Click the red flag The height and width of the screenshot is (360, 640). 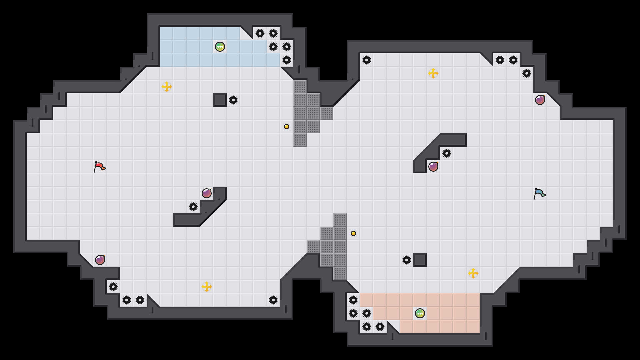click(x=99, y=166)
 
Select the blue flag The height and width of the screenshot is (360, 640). click(x=539, y=193)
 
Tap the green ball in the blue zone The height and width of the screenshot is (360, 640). click(x=220, y=47)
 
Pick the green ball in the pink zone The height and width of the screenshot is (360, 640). click(x=420, y=313)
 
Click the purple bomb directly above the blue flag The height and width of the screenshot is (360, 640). click(x=540, y=100)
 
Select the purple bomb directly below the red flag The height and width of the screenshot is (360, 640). click(x=100, y=260)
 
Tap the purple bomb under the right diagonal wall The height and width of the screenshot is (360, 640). click(x=433, y=167)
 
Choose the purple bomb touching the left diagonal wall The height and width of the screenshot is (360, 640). click(x=207, y=193)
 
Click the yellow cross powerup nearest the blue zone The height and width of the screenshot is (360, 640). click(x=167, y=87)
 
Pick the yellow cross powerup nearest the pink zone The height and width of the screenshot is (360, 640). click(x=473, y=273)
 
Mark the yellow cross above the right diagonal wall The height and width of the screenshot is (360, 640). click(x=433, y=73)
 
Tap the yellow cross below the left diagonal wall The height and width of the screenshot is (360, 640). click(x=207, y=287)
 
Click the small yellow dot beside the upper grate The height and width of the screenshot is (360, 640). click(x=287, y=127)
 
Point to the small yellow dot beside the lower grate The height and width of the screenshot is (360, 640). click(x=353, y=233)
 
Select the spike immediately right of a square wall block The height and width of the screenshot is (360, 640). click(x=233, y=100)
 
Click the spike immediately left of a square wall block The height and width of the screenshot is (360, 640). click(x=407, y=260)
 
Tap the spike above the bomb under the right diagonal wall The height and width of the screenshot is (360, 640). click(x=447, y=153)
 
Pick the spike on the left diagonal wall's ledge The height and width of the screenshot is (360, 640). click(x=193, y=207)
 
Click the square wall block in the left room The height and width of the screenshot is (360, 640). click(x=220, y=100)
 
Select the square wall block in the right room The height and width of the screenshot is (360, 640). click(x=420, y=260)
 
